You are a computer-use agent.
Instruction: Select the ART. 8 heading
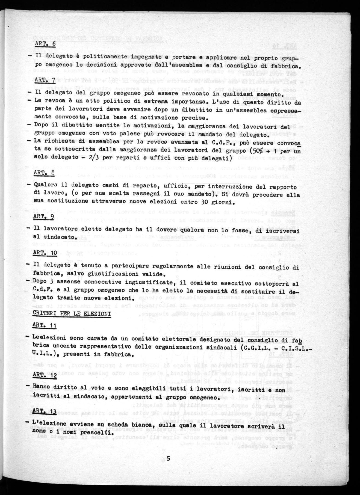pyautogui.click(x=44, y=173)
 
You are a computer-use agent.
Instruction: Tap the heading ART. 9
pyautogui.click(x=44, y=216)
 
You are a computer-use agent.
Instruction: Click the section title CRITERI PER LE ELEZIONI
pyautogui.click(x=72, y=313)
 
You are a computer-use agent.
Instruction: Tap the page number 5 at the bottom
pyautogui.click(x=168, y=458)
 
